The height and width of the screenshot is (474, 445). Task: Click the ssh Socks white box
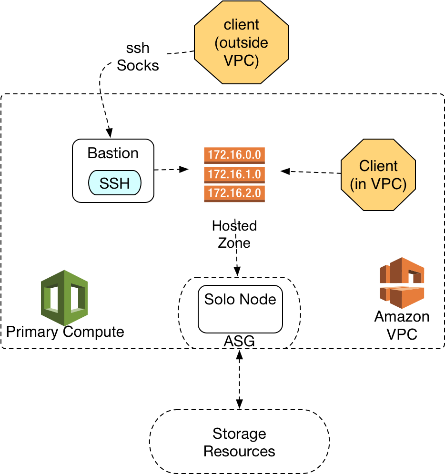point(138,56)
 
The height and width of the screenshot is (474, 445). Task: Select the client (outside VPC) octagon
point(242,42)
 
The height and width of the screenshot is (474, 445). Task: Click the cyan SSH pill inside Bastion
point(115,183)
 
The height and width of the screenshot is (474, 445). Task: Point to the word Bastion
point(113,153)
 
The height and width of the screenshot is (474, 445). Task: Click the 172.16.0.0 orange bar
point(234,155)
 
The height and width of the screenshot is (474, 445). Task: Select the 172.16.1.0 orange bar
point(234,174)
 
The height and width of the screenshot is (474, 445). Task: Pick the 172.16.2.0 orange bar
point(234,193)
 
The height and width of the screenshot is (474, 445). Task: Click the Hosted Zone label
point(234,234)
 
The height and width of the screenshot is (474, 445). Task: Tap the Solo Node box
point(240,309)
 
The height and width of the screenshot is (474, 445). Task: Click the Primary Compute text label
point(65,332)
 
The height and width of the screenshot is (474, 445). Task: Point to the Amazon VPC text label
point(402,325)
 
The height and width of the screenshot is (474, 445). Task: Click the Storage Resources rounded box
point(239,442)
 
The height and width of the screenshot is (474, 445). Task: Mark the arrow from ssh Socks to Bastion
point(106,114)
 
